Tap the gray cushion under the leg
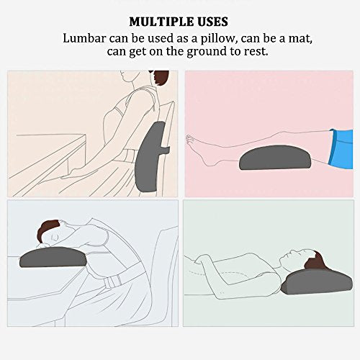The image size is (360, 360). (x=275, y=158)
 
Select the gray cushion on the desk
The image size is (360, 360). (x=53, y=257)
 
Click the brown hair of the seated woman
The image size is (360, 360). (x=161, y=77)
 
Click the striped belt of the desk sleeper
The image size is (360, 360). (x=112, y=282)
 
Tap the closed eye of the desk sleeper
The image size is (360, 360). (x=55, y=238)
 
